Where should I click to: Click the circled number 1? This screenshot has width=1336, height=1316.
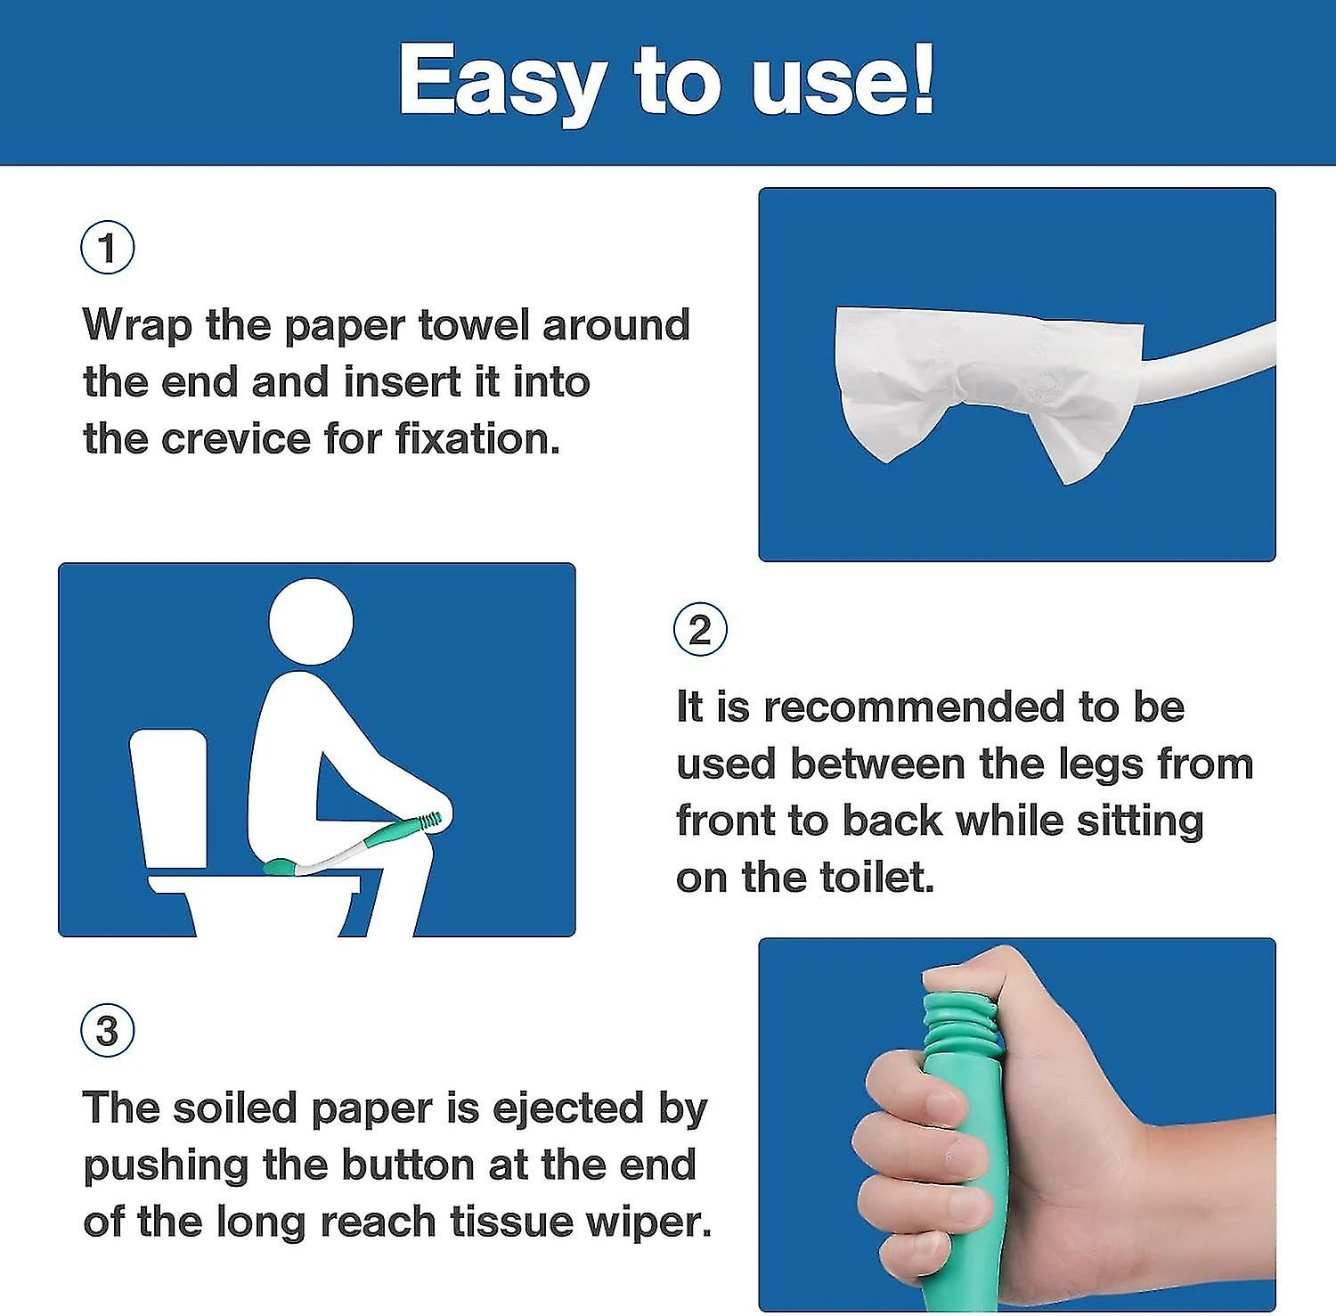coord(108,248)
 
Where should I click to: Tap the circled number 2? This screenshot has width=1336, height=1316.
coord(700,630)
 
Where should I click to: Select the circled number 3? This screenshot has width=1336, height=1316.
coord(108,1031)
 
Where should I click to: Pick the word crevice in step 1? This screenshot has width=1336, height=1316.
coord(235,439)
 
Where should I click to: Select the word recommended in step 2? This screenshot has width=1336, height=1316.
coord(914,707)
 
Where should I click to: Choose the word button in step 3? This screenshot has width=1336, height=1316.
coord(409,1165)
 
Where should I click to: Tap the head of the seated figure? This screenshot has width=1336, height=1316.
coord(311,621)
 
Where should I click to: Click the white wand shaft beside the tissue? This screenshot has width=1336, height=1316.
coord(1211,361)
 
